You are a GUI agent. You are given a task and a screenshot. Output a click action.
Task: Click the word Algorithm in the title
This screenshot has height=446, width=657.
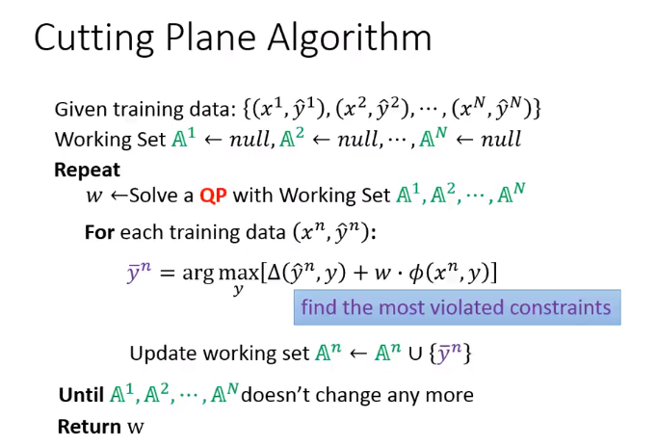click(x=350, y=38)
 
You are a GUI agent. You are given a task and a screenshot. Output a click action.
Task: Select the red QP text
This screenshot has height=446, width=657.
click(x=213, y=196)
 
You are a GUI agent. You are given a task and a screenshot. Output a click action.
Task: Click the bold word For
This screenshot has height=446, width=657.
click(x=99, y=232)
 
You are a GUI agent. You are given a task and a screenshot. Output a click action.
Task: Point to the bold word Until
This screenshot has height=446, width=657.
click(x=81, y=395)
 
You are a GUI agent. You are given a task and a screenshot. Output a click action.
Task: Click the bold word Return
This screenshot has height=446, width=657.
click(x=90, y=427)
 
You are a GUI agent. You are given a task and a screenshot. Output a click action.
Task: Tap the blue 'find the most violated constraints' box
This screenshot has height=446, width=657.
click(x=458, y=307)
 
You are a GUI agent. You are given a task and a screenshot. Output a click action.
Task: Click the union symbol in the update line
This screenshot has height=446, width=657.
click(x=415, y=354)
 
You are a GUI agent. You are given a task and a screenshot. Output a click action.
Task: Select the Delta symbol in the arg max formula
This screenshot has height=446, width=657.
click(x=274, y=274)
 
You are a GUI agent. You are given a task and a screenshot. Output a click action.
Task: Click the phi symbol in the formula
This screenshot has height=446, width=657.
click(x=416, y=275)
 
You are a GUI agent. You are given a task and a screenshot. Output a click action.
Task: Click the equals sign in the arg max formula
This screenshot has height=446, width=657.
click(x=168, y=274)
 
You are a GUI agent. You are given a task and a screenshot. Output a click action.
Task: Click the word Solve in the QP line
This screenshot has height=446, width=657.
click(x=150, y=196)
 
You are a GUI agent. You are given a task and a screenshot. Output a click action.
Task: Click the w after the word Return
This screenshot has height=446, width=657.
click(x=135, y=428)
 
